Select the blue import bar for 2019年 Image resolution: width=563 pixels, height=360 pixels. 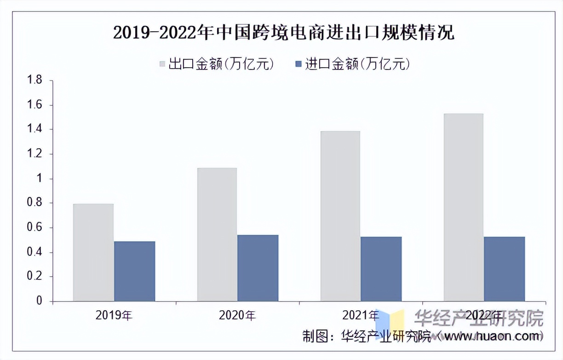134,271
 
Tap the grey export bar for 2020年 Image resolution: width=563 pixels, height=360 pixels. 217,234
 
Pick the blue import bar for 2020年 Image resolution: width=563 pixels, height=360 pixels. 258,268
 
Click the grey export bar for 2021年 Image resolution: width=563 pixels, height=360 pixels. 340,216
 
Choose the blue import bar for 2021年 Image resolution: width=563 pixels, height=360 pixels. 381,269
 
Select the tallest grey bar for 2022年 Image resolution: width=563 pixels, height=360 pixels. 463,207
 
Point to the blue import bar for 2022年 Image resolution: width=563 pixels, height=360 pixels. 504,269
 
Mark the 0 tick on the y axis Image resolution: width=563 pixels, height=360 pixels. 39,301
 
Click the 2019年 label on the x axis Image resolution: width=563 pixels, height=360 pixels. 114,315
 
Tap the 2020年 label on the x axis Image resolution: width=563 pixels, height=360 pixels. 237,315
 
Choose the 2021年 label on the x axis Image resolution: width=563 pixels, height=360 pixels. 361,315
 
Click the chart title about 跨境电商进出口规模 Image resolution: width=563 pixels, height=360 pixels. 283,33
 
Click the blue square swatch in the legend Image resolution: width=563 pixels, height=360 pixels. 298,64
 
